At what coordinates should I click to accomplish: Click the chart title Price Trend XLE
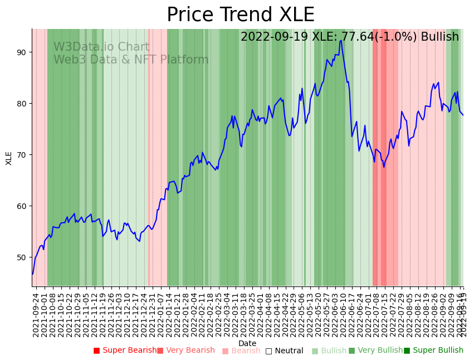coord(241,15)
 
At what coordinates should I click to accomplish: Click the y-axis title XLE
coord(9,158)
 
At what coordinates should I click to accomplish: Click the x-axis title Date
coord(247,344)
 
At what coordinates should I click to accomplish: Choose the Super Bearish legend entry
coord(125,351)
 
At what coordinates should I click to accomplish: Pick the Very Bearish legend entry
coord(185,351)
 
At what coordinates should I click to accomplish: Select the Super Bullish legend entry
coord(433,351)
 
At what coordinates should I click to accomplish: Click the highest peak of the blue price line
coord(341,40)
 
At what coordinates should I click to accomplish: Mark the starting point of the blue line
coord(32,274)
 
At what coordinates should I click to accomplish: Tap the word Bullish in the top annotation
coord(439,37)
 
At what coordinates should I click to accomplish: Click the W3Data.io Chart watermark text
coord(101,47)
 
